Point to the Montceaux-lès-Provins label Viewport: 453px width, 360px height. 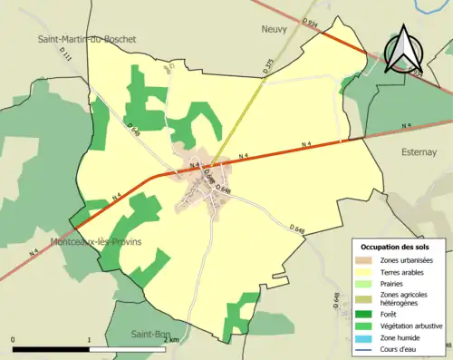click(97, 242)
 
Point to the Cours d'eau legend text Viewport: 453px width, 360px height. click(401, 347)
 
